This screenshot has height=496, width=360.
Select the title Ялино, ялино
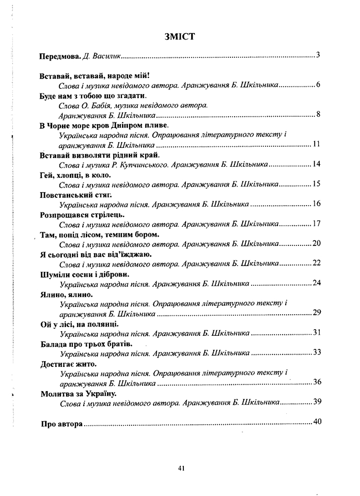click(x=65, y=294)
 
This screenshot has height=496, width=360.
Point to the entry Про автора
click(x=61, y=424)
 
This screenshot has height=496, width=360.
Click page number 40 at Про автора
click(x=317, y=421)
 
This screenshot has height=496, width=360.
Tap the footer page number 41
click(x=181, y=468)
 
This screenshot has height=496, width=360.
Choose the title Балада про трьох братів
click(x=86, y=344)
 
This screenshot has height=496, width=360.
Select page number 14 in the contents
click(x=317, y=164)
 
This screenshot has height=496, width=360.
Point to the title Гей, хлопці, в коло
click(x=72, y=176)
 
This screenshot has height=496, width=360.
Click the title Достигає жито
click(x=68, y=363)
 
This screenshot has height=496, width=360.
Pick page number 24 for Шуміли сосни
click(x=317, y=283)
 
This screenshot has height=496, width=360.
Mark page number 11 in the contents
click(x=317, y=144)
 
